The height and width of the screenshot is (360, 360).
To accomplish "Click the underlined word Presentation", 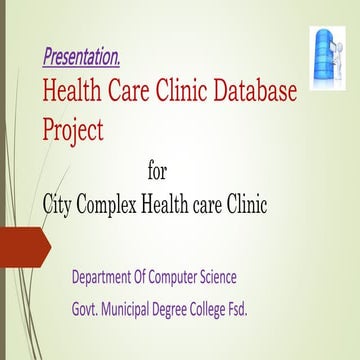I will (82, 54).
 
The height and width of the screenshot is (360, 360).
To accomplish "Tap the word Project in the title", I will (74, 128).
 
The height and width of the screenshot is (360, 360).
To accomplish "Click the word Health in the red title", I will (72, 94).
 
